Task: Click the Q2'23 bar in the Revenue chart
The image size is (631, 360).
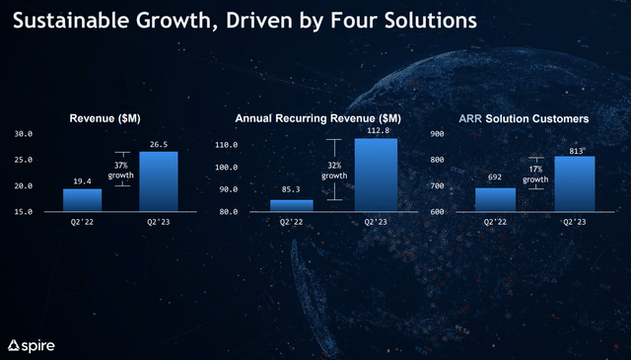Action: click(x=159, y=180)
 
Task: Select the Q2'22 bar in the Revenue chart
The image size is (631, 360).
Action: click(x=82, y=199)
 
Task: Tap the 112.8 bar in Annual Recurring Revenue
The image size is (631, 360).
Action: click(x=376, y=174)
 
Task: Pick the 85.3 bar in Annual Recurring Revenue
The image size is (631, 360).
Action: click(x=291, y=205)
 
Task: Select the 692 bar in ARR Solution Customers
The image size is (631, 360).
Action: click(x=495, y=199)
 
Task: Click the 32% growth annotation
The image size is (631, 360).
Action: click(x=334, y=170)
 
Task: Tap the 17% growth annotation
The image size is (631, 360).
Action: click(x=535, y=174)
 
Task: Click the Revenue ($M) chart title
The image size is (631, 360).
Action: click(x=105, y=118)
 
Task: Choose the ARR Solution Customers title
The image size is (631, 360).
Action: click(x=525, y=118)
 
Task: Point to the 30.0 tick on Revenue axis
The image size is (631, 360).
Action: click(x=25, y=133)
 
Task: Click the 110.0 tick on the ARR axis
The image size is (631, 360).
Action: click(x=227, y=145)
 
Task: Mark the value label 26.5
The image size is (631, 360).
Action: click(x=159, y=144)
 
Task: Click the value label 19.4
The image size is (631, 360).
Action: click(x=82, y=181)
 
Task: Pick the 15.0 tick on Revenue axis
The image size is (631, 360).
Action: click(x=25, y=211)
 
